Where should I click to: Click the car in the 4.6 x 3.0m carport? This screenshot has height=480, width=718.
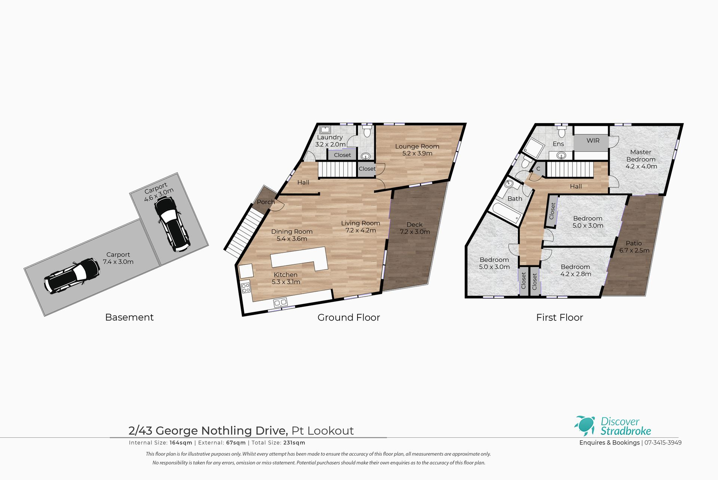point(172,224)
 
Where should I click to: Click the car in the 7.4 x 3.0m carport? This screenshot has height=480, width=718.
point(72,276)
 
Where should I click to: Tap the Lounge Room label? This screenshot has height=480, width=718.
point(417,150)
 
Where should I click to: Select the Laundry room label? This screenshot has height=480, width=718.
point(330,141)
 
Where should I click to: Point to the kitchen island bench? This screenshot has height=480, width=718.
point(299,258)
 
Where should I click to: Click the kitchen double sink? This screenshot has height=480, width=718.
point(280,302)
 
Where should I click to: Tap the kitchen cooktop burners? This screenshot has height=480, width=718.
point(246,288)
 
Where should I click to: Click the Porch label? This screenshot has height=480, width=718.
point(266,202)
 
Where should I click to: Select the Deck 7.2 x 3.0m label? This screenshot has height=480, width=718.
point(415,228)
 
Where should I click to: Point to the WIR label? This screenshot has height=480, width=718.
point(593,140)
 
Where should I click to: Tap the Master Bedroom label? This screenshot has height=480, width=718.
point(641,159)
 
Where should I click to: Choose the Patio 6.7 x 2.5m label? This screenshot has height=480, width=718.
point(634,247)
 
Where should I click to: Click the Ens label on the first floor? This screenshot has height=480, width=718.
point(558,144)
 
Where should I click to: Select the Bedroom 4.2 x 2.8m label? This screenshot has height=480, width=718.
point(576,270)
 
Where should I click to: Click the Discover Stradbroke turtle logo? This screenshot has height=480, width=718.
point(584,426)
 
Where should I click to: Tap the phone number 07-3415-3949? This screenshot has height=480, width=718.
point(663,443)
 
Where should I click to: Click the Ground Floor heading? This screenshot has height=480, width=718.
point(349,318)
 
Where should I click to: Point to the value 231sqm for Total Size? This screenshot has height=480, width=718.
point(294,443)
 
